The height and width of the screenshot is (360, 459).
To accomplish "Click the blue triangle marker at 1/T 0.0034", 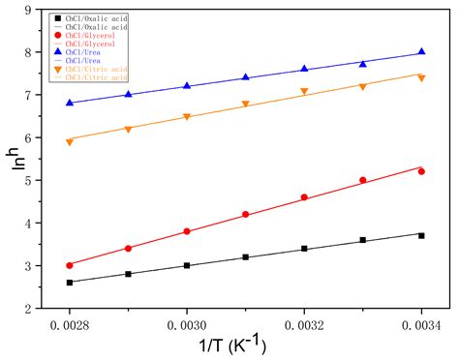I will point(421,51).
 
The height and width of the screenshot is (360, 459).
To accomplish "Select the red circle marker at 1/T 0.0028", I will point(70,265).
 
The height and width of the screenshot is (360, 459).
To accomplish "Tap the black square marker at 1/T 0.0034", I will point(421,235).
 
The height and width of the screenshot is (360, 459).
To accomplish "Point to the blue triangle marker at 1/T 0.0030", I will point(187,86).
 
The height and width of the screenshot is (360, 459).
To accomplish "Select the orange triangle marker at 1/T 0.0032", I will point(304,92).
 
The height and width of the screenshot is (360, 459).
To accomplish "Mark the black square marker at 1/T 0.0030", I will point(187,265).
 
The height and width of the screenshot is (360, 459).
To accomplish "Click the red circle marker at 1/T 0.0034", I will point(421,171).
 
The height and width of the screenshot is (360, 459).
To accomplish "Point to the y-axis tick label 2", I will point(37,309).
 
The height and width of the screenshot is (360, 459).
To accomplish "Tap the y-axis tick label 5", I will point(37,180).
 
